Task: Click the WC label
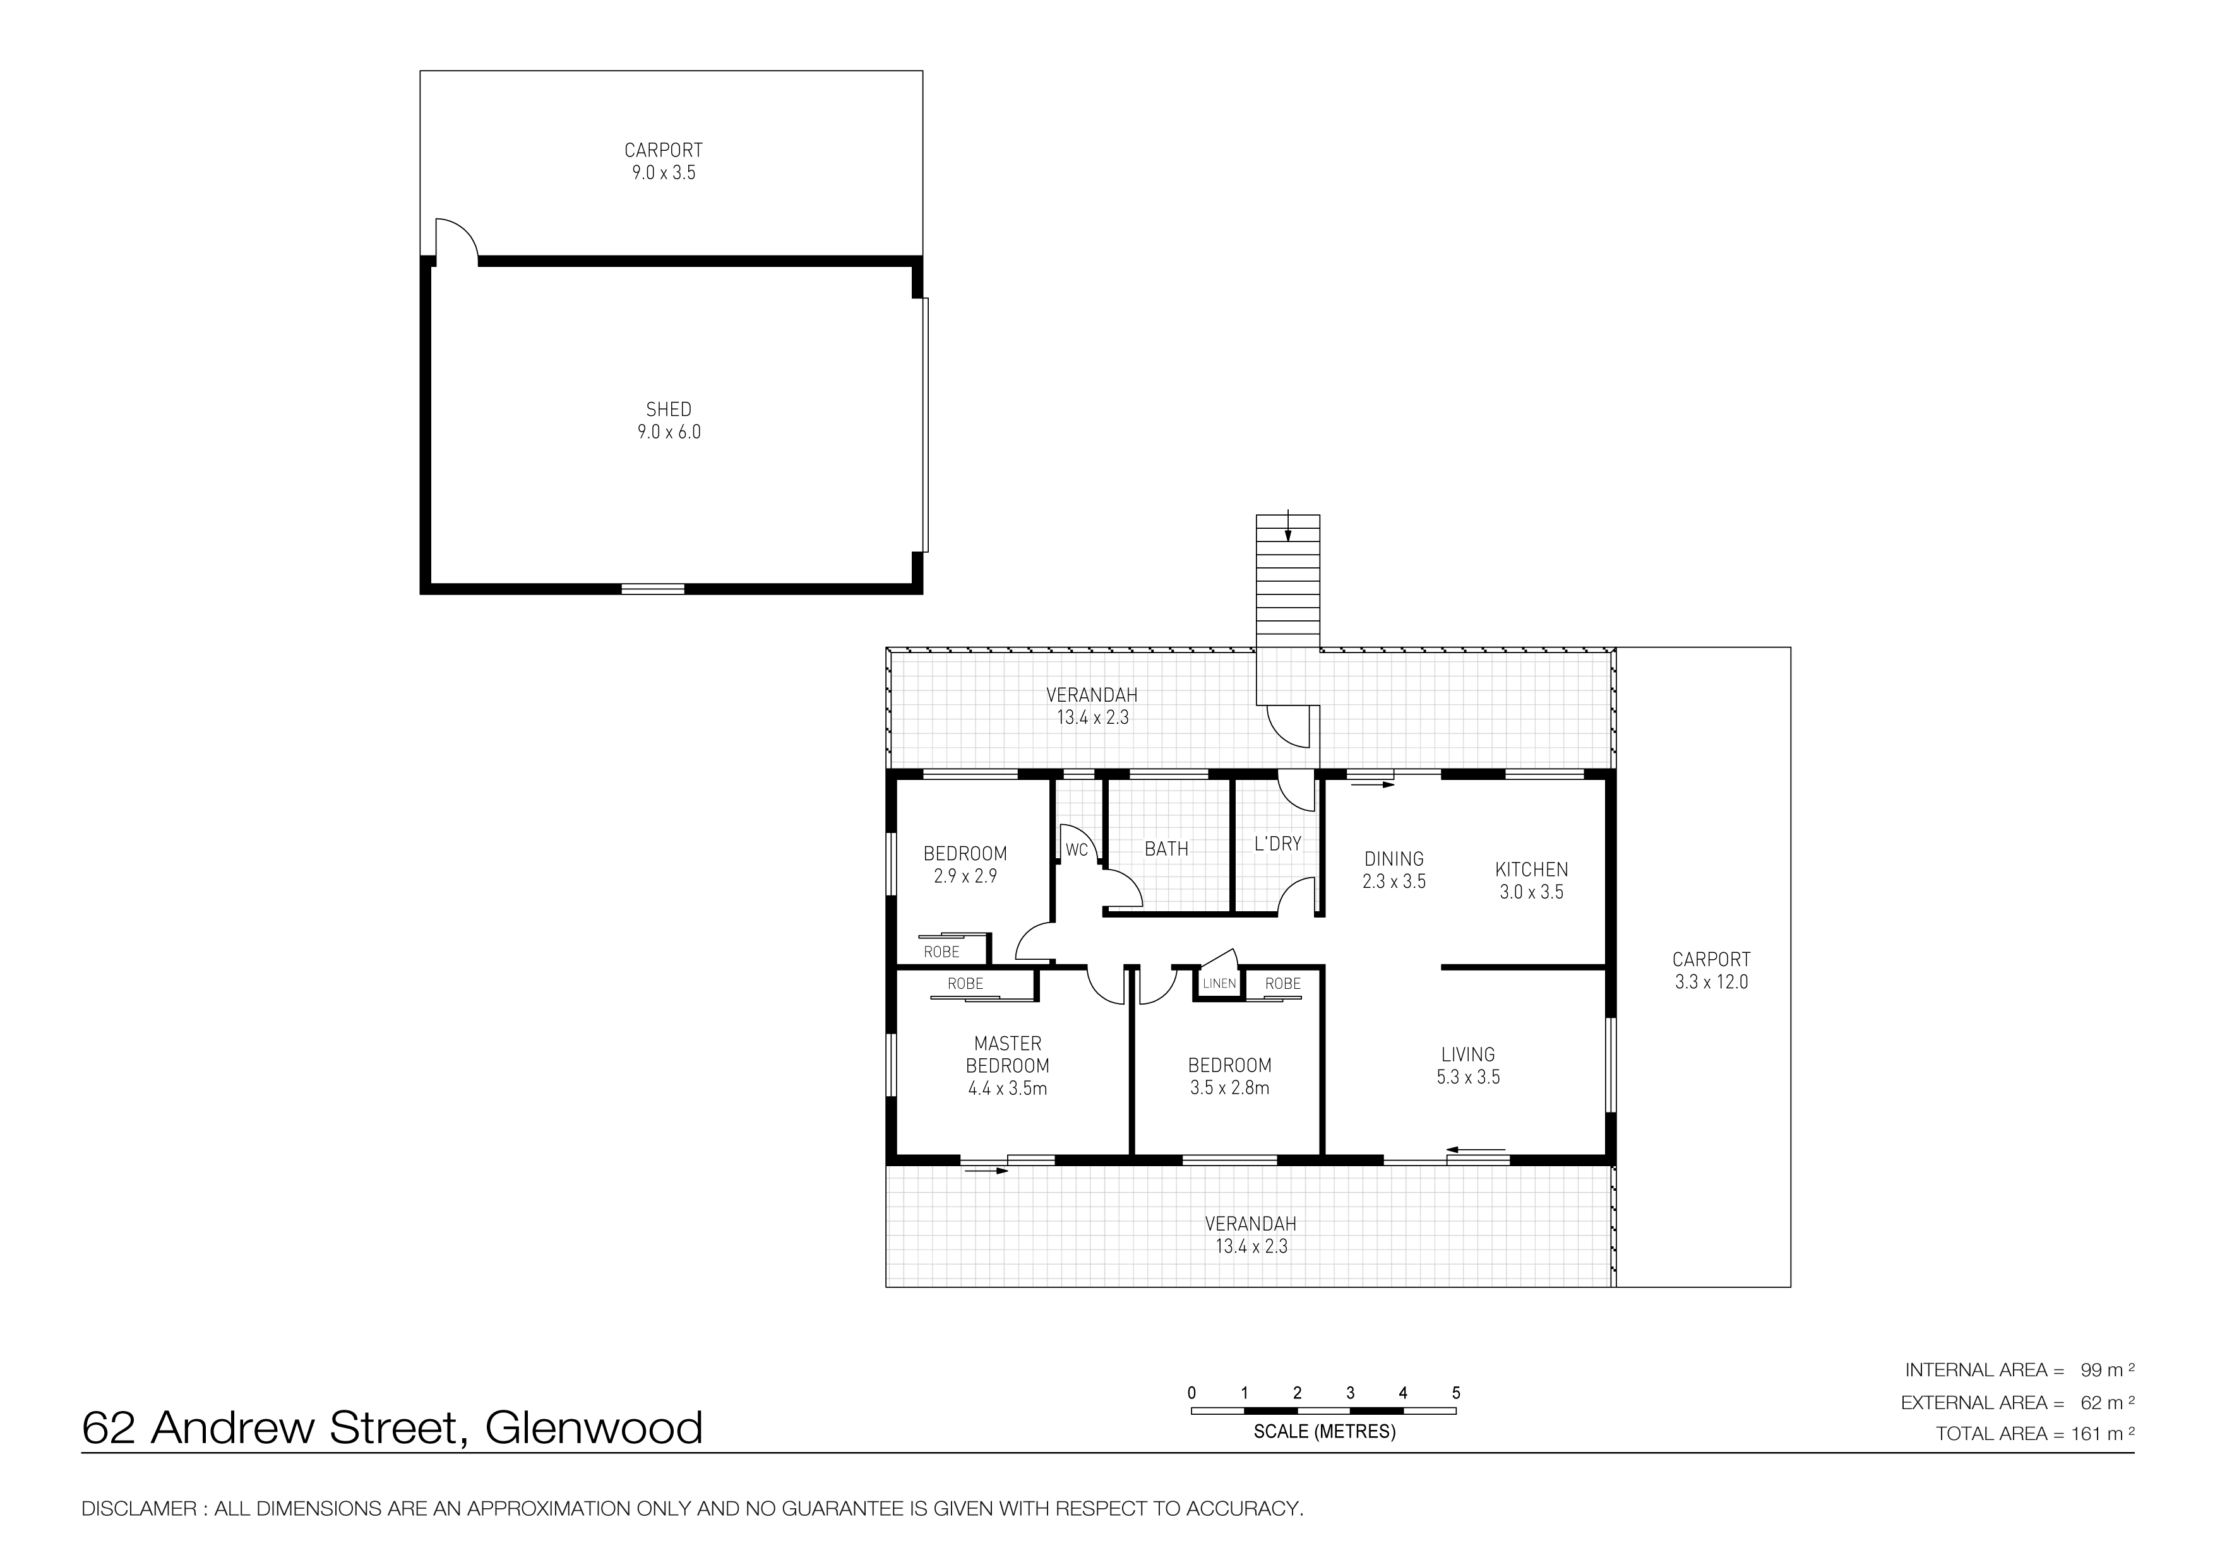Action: pos(1077,849)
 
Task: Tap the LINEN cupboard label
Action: pos(1219,984)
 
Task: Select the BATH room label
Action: pos(1166,849)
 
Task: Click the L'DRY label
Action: pos(1277,844)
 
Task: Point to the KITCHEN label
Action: pos(1531,869)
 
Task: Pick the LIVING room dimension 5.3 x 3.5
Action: pos(1468,1077)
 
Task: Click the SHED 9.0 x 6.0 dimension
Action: pos(669,432)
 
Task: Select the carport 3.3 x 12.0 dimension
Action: pos(1711,982)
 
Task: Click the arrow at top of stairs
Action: pos(1288,526)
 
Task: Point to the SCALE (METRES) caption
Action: pos(1325,1432)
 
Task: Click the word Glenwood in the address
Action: pos(594,1428)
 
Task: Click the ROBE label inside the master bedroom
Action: pos(965,984)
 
